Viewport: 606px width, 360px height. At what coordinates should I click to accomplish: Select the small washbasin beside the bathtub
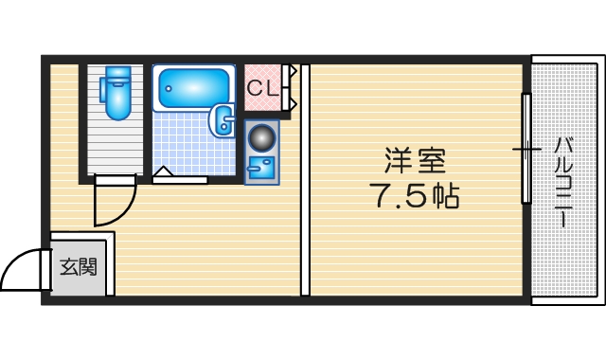click(224, 120)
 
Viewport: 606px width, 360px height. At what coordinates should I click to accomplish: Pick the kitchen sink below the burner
click(259, 169)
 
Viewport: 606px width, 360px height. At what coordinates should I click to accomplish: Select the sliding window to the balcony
click(526, 149)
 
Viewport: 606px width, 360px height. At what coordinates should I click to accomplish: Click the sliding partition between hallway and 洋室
click(305, 180)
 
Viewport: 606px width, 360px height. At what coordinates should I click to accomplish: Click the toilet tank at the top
click(116, 74)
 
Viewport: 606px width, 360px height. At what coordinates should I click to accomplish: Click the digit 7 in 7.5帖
click(380, 197)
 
